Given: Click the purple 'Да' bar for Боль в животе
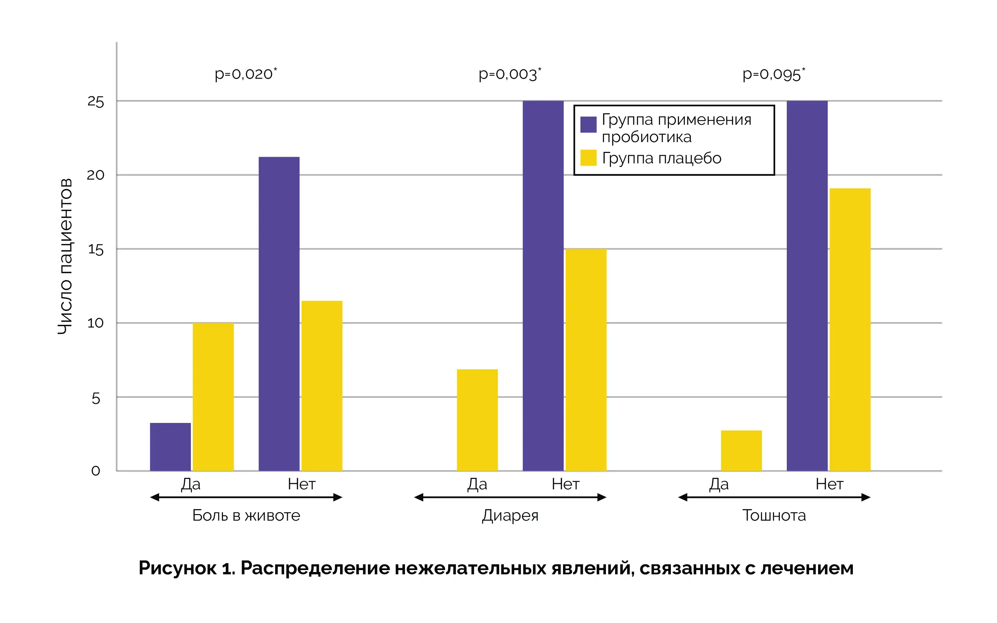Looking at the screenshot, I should (x=170, y=446).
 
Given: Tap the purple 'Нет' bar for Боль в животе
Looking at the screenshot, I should (x=279, y=314).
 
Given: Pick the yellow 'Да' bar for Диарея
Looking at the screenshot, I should (x=477, y=420).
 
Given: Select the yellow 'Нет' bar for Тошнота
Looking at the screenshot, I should (x=850, y=329).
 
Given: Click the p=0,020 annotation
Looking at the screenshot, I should (x=246, y=74).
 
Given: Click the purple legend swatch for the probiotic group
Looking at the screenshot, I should (x=588, y=124).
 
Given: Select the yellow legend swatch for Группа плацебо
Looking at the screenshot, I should (x=588, y=158).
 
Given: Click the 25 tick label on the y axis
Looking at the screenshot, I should (x=95, y=102).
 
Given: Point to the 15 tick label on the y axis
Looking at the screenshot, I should (x=95, y=250).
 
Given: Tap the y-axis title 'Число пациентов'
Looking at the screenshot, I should (x=65, y=256).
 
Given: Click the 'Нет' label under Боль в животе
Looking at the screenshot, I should (x=301, y=484).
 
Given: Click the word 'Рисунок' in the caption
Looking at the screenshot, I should (x=177, y=568).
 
